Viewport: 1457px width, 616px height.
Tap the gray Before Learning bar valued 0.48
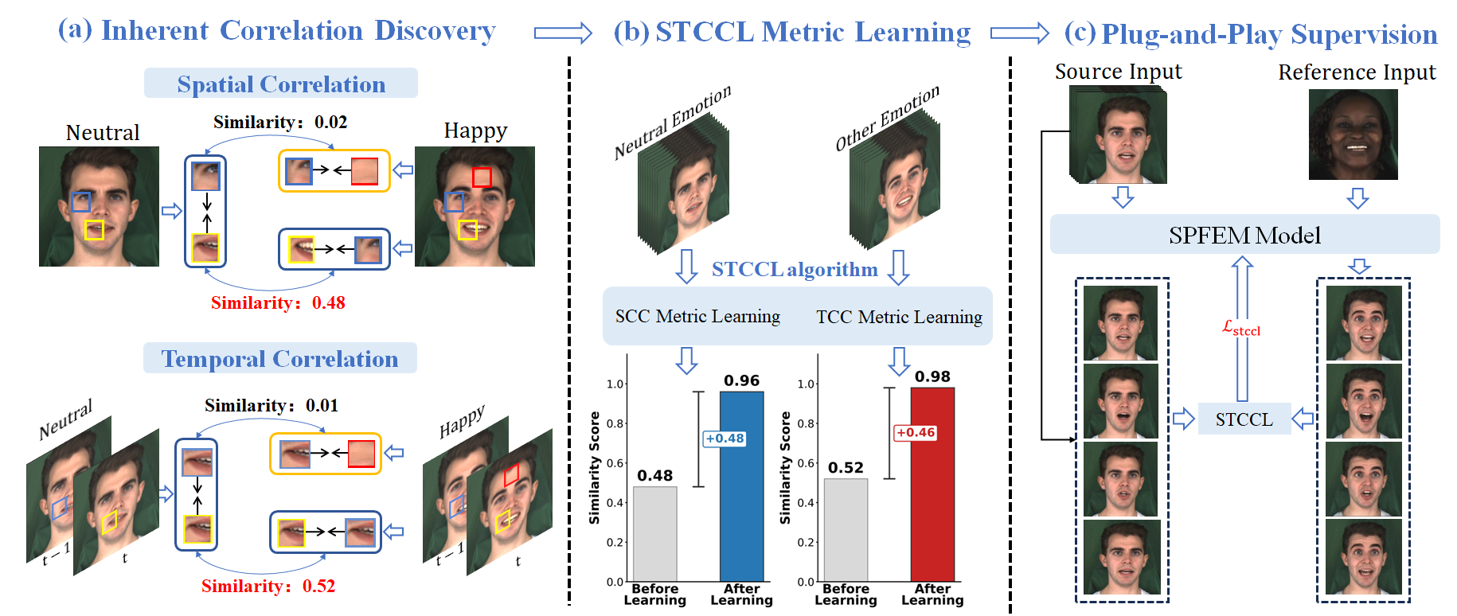click(654, 533)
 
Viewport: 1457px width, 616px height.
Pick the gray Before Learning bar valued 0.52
click(845, 529)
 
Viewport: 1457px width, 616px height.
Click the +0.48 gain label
click(725, 439)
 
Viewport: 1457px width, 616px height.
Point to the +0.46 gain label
click(915, 433)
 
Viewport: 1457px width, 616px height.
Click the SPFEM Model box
click(1244, 235)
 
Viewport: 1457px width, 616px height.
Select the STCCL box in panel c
click(1244, 419)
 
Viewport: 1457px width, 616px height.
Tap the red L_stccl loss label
click(1241, 328)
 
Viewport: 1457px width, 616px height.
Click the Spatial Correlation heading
click(280, 84)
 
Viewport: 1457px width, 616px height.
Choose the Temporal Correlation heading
click(279, 358)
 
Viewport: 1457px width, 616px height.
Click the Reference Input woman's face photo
click(1353, 134)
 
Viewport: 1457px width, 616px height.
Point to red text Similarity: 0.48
click(278, 302)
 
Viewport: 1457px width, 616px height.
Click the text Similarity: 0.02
click(280, 122)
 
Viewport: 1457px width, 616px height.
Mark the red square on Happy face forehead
click(482, 177)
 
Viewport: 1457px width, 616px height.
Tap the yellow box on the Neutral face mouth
click(94, 230)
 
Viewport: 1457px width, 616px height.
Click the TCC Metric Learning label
click(899, 317)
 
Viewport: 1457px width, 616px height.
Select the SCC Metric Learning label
click(697, 316)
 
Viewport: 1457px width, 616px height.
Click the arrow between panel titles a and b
click(562, 33)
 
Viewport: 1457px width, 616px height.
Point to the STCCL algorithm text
click(794, 269)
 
